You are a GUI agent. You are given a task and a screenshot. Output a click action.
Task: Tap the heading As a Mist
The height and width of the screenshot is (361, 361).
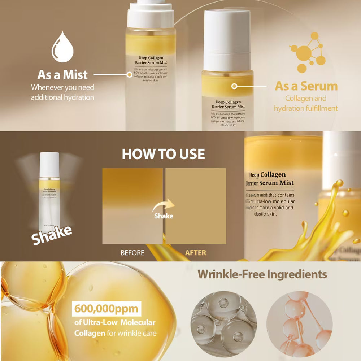pos(62,75)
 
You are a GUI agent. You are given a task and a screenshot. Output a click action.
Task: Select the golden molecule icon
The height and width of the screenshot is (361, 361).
pos(308,53)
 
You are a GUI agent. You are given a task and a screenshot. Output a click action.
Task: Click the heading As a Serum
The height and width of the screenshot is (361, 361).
pos(306,86)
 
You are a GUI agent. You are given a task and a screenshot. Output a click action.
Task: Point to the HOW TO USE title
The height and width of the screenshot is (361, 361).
pos(163,154)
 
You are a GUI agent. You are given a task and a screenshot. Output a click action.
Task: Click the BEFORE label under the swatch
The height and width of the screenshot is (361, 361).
pos(132,253)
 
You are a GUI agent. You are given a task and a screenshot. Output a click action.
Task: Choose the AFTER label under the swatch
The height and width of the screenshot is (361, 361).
pos(196,253)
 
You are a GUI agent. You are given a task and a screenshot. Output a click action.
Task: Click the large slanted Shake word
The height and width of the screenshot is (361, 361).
pos(51,235)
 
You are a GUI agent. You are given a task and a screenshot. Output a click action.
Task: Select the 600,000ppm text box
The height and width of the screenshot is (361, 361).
pos(105,309)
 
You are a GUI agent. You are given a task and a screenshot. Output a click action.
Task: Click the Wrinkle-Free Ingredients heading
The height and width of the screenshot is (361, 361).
pos(262,274)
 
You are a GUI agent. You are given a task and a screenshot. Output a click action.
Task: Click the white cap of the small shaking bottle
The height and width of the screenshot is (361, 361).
pos(49,165)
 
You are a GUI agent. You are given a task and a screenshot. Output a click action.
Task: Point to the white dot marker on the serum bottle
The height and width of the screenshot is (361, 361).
pos(234,86)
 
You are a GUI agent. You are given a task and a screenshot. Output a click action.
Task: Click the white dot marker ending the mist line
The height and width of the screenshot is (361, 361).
pos(130,75)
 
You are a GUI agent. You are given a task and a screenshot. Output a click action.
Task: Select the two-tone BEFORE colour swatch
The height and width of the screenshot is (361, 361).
pos(132,206)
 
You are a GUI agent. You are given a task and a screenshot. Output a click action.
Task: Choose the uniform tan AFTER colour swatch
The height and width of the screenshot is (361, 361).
pos(196,206)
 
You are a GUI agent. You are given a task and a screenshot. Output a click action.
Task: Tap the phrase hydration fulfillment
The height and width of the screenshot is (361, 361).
pos(306,108)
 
